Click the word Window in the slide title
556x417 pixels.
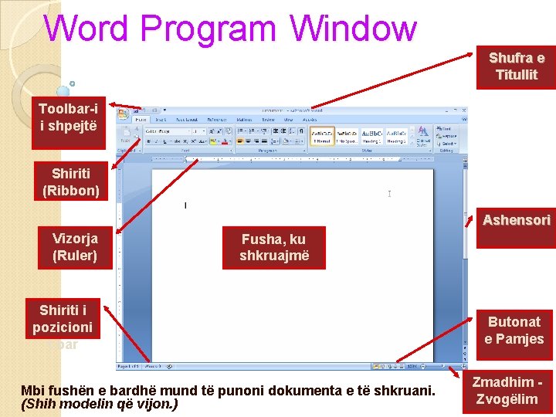click(354, 29)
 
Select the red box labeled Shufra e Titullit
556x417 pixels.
click(516, 66)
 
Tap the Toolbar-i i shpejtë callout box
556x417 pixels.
click(68, 118)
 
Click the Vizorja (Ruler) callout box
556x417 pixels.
click(75, 247)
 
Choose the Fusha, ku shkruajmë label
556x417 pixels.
click(274, 248)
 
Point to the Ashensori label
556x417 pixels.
click(516, 221)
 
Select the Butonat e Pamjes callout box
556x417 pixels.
click(514, 331)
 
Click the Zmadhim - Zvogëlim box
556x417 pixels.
click(507, 392)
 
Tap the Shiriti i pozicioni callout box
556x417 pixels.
click(63, 318)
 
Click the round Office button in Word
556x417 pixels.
click(124, 115)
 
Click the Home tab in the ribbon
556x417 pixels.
click(141, 120)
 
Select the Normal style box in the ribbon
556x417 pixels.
click(322, 137)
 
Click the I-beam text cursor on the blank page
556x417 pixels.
click(389, 194)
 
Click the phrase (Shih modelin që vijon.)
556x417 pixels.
click(100, 403)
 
